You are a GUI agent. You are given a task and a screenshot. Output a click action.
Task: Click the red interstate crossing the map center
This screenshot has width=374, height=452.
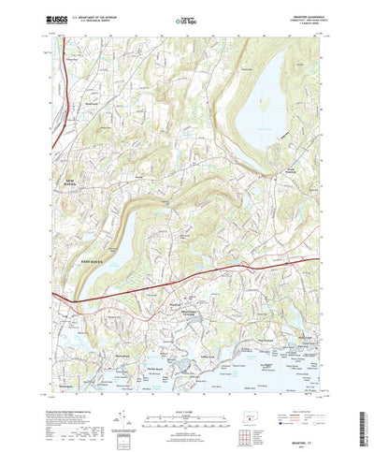point(187,281)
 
